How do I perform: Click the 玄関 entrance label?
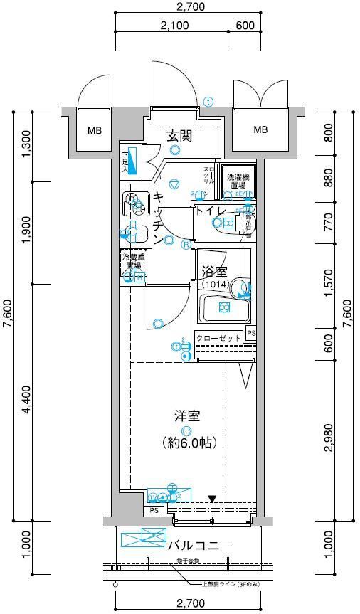[179, 136]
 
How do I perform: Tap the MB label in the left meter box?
[95, 130]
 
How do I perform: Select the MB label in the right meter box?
[261, 129]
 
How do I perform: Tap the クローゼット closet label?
[218, 339]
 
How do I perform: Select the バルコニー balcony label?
[200, 546]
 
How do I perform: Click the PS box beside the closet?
[250, 334]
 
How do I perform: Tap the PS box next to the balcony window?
[154, 511]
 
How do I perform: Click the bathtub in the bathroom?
[223, 308]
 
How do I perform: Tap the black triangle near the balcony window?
[211, 499]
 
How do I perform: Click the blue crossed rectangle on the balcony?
[143, 538]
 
